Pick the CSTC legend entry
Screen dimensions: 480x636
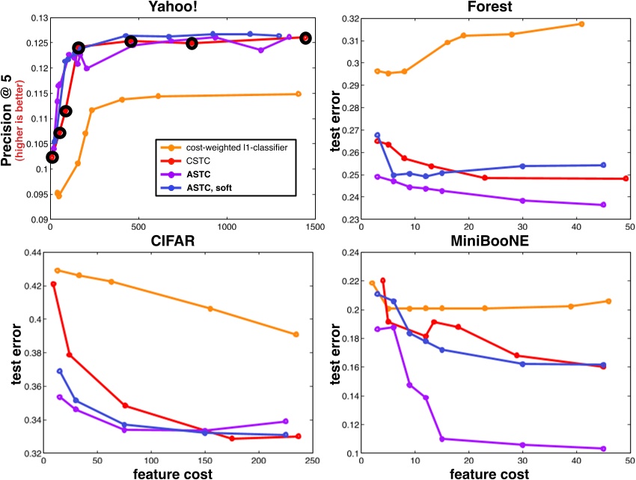[197, 160]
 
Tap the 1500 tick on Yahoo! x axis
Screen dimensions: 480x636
[314, 227]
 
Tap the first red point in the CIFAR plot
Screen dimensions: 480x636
[53, 285]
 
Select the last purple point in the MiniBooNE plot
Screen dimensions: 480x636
[603, 449]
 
